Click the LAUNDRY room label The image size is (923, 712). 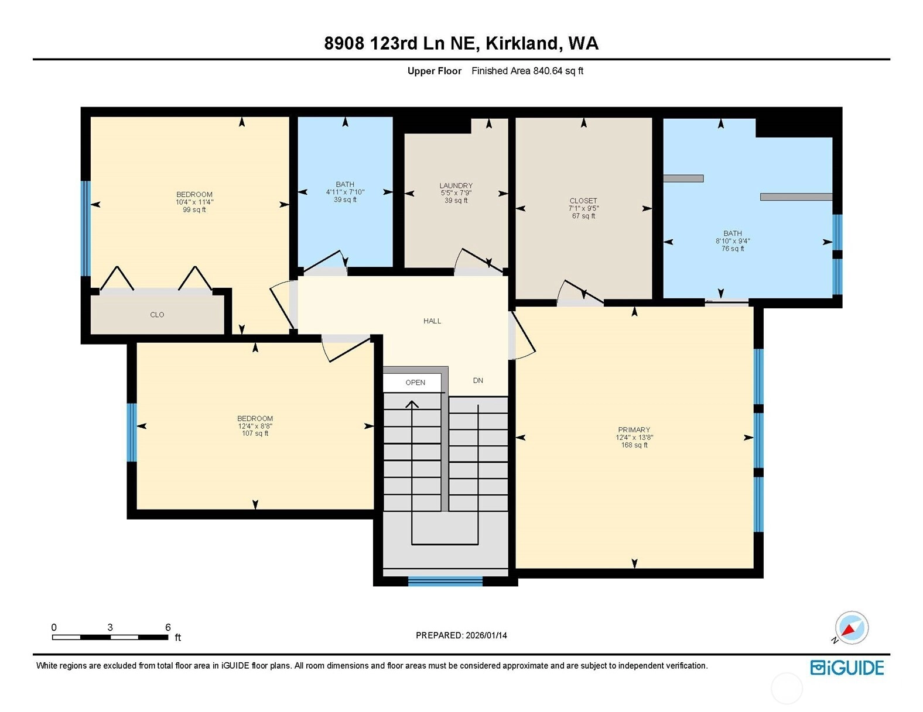456,185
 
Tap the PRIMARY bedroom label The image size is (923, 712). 634,429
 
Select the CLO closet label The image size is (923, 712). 157,314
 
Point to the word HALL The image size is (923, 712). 432,321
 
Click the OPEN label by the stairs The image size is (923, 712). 415,382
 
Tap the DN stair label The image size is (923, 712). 478,380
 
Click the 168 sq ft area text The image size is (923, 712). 634,445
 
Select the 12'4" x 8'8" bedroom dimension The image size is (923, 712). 255,426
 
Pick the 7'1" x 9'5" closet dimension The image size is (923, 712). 584,208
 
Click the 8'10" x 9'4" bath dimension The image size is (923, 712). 733,240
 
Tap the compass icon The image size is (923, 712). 852,628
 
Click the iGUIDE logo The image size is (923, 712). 847,668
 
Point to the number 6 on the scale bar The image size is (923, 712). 168,627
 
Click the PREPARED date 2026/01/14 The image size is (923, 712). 486,635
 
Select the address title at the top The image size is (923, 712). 461,43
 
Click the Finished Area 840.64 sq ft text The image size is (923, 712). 527,71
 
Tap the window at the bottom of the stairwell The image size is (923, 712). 445,581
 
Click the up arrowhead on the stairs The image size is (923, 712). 412,404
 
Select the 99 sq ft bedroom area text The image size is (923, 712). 194,209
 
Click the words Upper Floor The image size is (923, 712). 434,71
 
